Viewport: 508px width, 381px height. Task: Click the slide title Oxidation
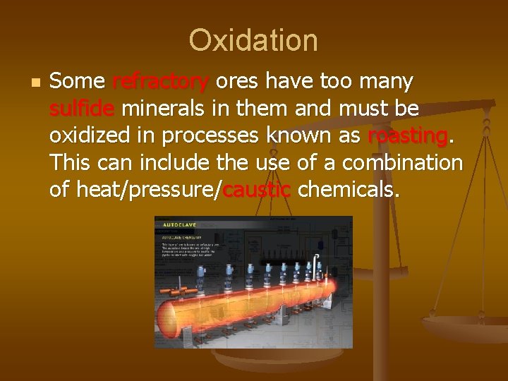pyautogui.click(x=253, y=40)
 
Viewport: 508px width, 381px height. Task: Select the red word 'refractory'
pyautogui.click(x=160, y=82)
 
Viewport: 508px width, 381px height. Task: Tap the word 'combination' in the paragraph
pyautogui.click(x=402, y=162)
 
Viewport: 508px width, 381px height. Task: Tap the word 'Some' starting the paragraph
pyautogui.click(x=78, y=82)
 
